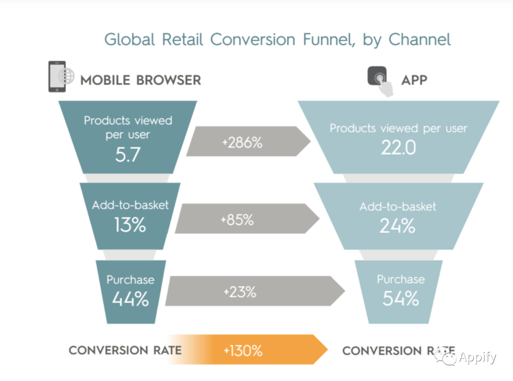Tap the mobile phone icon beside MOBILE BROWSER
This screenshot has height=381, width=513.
click(x=57, y=76)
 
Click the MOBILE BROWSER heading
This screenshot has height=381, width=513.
click(x=141, y=80)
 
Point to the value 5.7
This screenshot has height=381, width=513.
click(x=128, y=155)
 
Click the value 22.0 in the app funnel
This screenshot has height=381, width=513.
click(x=399, y=148)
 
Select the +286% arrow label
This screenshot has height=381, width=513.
click(x=242, y=142)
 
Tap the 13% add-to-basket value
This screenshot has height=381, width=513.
click(x=130, y=225)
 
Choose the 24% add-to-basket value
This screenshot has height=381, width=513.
click(x=397, y=226)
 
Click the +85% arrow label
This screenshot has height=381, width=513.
click(x=237, y=220)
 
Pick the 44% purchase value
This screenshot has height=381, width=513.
click(x=131, y=299)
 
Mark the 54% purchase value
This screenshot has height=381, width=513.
click(x=401, y=298)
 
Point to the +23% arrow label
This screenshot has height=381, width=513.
click(x=240, y=292)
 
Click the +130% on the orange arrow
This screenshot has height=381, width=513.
click(x=243, y=351)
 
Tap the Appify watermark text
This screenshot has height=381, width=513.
click(x=477, y=357)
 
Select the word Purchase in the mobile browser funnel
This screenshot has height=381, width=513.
click(x=130, y=280)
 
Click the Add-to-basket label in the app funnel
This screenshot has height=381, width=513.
click(x=398, y=206)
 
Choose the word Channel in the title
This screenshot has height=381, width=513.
click(x=420, y=39)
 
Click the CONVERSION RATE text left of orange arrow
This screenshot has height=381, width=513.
click(x=125, y=350)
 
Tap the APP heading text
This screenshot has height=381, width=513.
click(x=414, y=80)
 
